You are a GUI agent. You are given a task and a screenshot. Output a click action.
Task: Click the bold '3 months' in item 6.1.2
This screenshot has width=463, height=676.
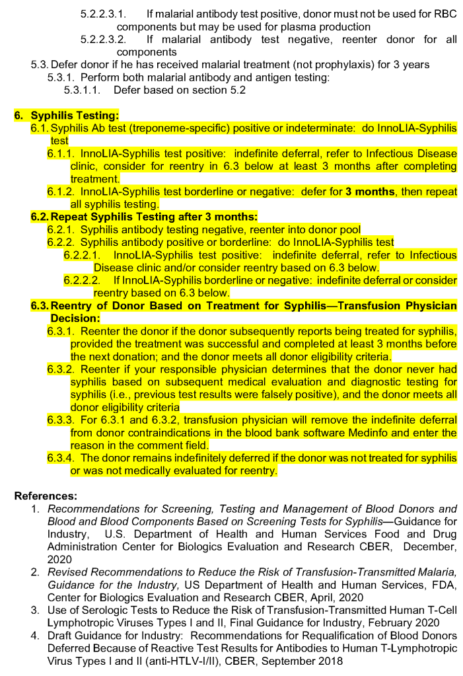pos(368,192)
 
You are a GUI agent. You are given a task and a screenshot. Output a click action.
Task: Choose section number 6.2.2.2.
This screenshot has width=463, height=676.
pos(85,280)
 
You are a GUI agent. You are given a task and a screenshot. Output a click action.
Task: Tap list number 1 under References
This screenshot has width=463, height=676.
pos(36,509)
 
